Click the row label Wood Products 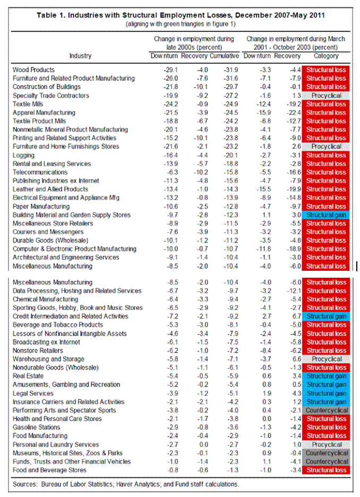[33, 70]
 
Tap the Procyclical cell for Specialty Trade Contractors [326, 96]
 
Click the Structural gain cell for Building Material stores [326, 215]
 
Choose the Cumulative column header [224, 56]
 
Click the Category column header [326, 56]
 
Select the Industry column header [80, 56]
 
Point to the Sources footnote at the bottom [125, 484]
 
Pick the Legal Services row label [33, 393]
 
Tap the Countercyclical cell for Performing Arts [326, 410]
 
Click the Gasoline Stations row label [36, 427]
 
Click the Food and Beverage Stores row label [49, 470]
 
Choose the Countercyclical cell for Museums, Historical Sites [326, 453]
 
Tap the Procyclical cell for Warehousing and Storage [326, 359]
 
